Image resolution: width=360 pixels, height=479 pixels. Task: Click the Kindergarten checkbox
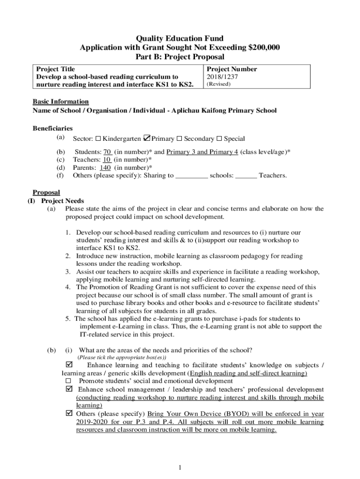tap(98, 139)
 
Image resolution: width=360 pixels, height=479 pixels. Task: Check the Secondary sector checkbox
tap(179, 139)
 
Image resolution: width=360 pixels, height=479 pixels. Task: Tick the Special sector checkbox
tap(219, 139)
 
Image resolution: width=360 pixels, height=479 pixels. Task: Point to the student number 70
tap(107, 152)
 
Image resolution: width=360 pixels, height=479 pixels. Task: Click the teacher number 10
tap(107, 160)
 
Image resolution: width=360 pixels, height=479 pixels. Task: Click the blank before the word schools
tap(192, 176)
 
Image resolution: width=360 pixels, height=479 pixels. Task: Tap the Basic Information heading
tap(60, 102)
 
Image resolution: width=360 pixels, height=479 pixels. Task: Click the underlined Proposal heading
tap(46, 193)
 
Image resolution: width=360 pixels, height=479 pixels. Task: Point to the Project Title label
tap(56, 69)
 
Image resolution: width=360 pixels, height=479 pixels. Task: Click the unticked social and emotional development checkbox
tap(69, 381)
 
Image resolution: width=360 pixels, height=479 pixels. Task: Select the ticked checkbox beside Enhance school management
tap(70, 390)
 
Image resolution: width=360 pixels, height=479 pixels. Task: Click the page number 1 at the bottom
tap(180, 467)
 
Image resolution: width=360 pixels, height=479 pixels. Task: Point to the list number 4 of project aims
tap(68, 287)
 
